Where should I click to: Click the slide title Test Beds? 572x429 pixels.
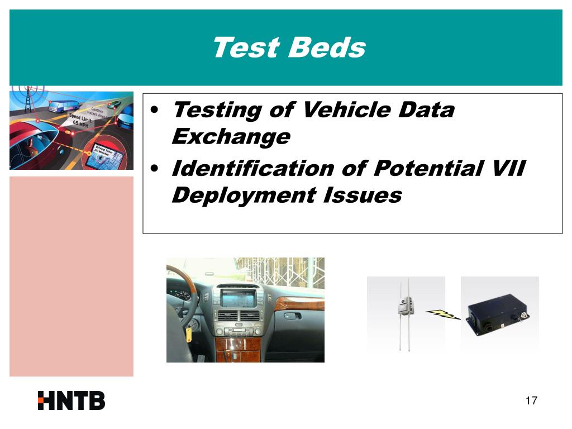point(288,47)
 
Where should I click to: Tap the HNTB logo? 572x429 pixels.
point(71,401)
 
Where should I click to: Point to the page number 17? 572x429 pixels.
point(531,401)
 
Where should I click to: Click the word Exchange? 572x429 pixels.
point(231,136)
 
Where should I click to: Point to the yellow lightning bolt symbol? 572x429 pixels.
point(444,315)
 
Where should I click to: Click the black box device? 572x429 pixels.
point(499,315)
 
